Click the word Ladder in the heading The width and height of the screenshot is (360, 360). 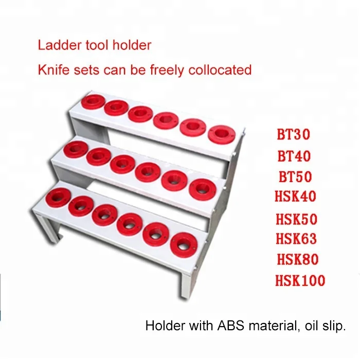click(55, 45)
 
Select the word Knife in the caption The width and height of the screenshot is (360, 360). click(51, 69)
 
